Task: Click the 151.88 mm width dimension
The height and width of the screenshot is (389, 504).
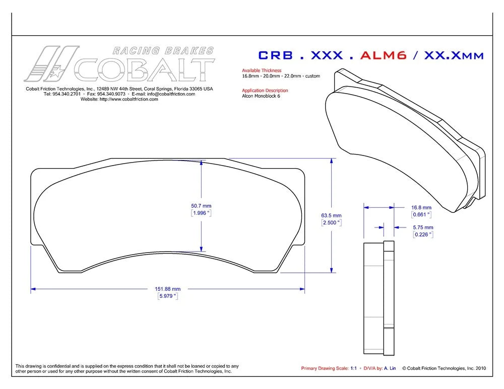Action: [167, 289]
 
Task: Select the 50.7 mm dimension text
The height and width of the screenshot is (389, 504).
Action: [201, 206]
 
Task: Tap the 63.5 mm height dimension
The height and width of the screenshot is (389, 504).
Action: [331, 215]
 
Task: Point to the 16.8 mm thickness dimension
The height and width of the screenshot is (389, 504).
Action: [421, 207]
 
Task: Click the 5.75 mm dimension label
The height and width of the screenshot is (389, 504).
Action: [423, 227]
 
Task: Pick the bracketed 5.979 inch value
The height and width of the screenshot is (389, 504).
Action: [168, 296]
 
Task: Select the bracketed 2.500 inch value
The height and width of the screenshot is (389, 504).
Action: [332, 222]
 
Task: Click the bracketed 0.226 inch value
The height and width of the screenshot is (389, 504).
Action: [423, 235]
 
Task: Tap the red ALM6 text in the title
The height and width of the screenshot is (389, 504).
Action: [384, 55]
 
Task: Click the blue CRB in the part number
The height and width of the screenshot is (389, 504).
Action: [276, 55]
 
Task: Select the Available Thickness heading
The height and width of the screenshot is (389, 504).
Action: [262, 70]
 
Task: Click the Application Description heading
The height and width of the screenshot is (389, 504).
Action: [265, 91]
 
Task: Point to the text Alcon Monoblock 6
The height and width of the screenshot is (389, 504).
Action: [261, 96]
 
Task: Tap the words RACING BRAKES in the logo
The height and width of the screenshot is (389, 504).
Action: [163, 51]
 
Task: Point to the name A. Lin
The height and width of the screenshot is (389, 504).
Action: [390, 368]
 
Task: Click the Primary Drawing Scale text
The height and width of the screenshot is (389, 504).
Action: [325, 368]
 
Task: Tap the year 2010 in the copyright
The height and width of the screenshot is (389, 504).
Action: [480, 368]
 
